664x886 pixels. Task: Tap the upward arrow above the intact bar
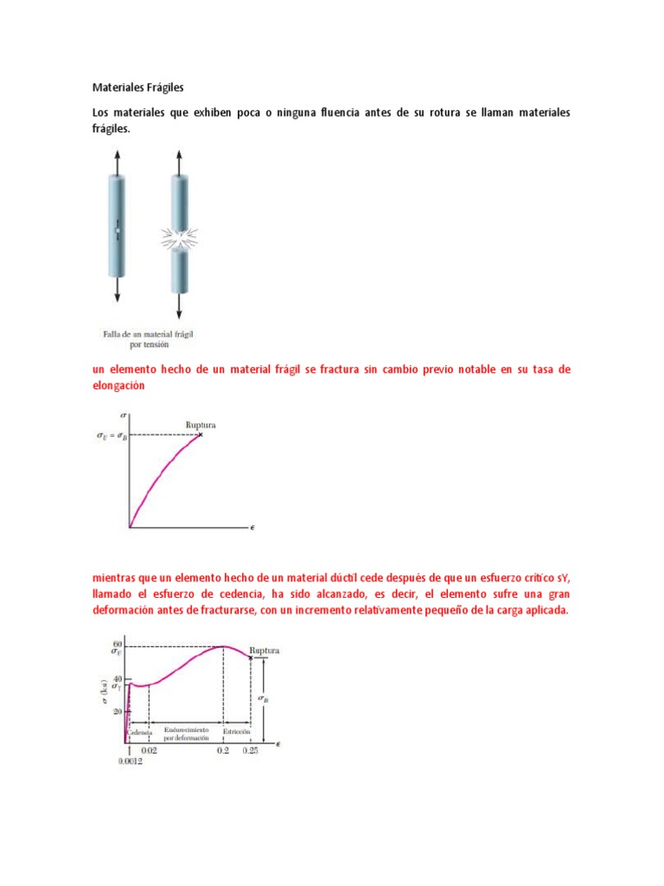click(118, 159)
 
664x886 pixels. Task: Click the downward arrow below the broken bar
click(179, 306)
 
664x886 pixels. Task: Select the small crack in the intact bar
click(118, 233)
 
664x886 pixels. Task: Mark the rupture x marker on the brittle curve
click(200, 434)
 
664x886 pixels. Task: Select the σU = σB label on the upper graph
click(110, 436)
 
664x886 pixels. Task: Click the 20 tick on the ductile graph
click(117, 710)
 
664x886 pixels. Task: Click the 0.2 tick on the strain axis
click(224, 751)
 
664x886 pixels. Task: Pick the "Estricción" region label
click(236, 731)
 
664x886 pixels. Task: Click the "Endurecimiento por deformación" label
click(186, 735)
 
